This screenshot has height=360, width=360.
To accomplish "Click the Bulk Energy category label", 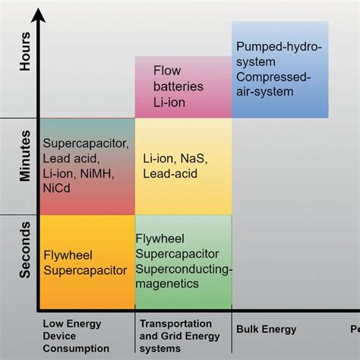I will [x=267, y=330].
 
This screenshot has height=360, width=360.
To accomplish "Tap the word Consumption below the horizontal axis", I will [x=76, y=349].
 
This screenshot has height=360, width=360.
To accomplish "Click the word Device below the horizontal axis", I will [x=58, y=336].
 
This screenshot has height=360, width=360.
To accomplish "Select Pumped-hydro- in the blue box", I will [x=279, y=47].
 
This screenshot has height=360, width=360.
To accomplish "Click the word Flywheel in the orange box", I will [x=68, y=254].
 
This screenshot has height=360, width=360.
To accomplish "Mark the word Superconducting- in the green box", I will [x=185, y=269].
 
